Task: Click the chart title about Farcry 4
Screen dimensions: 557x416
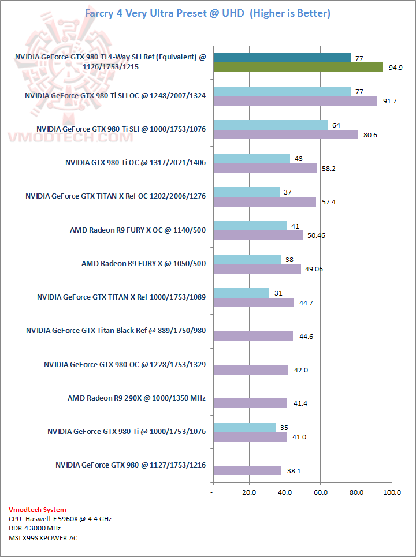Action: pos(208,13)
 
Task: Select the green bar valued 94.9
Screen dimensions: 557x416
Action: pos(298,67)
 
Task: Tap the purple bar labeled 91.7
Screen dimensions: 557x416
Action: pos(295,100)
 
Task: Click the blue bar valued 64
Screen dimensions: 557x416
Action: pos(270,125)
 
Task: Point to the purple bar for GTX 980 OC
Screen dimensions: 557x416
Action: pos(251,369)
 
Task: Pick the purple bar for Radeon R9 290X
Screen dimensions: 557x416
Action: pos(250,403)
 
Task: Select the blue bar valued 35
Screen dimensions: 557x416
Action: pos(244,427)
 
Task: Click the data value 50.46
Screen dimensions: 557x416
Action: pos(319,235)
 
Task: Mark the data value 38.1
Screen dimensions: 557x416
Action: pos(294,471)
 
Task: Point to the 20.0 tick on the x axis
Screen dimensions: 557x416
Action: pos(249,492)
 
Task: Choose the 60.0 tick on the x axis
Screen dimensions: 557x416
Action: pos(321,492)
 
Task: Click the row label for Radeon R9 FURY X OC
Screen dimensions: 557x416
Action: pos(138,230)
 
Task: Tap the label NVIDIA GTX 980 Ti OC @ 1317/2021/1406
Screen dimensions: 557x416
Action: pos(135,162)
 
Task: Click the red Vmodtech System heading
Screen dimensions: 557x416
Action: pos(38,510)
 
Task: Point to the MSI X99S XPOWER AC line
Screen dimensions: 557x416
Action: pos(43,538)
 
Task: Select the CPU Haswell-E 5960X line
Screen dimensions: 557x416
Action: pos(60,519)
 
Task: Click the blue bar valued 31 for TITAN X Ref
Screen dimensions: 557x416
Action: pos(241,293)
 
